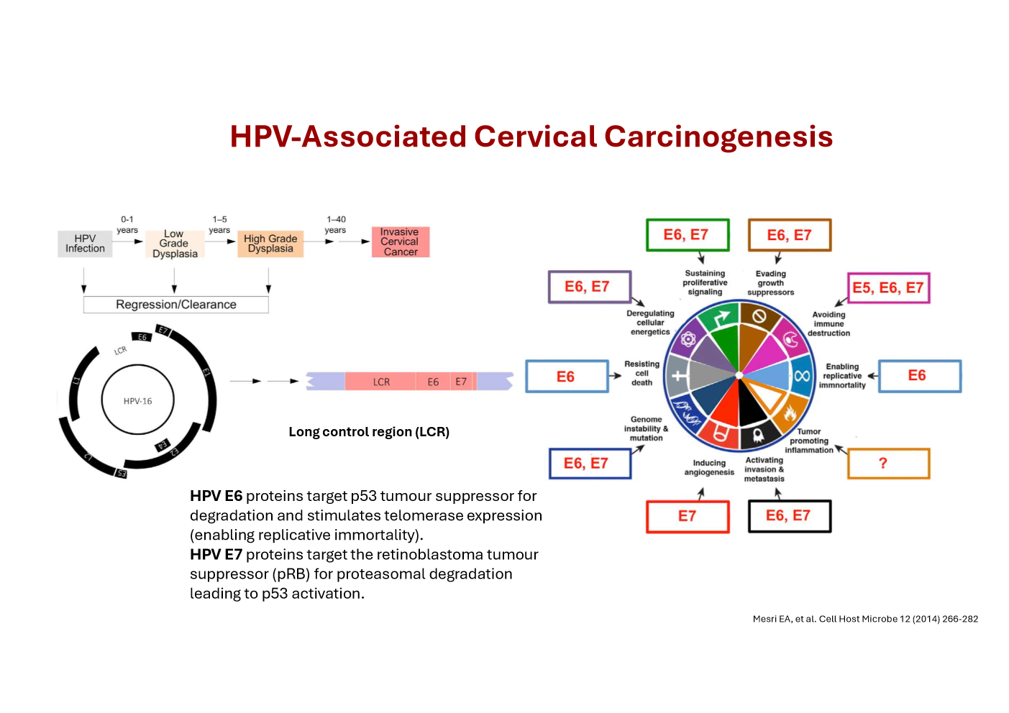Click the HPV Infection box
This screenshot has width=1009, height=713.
coord(85,244)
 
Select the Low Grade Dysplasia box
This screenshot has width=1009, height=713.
coord(174,244)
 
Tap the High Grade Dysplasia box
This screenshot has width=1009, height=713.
coord(270,244)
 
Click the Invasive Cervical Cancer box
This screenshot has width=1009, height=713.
coord(400,242)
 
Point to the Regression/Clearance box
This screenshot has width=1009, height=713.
coord(176,305)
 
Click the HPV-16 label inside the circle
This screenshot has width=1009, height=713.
coord(137,401)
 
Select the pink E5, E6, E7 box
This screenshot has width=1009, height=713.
coord(887,288)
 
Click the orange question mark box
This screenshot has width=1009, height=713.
coord(888,464)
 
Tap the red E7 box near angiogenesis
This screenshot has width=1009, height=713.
coord(688,516)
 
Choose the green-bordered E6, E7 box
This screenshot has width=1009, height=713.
coord(687,235)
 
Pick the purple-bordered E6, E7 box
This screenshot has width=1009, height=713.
coord(588,287)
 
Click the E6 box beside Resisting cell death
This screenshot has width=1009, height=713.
coord(567,377)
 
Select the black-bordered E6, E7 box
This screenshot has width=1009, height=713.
coord(789,516)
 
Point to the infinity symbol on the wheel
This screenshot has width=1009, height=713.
coord(801,376)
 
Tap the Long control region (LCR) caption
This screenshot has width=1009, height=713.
coord(369,432)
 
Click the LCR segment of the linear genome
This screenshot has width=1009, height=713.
coord(381,382)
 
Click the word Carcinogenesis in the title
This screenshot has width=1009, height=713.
coord(718,137)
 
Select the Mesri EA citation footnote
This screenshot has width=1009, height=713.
coord(865,619)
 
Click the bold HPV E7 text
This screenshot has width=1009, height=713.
coord(216,555)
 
